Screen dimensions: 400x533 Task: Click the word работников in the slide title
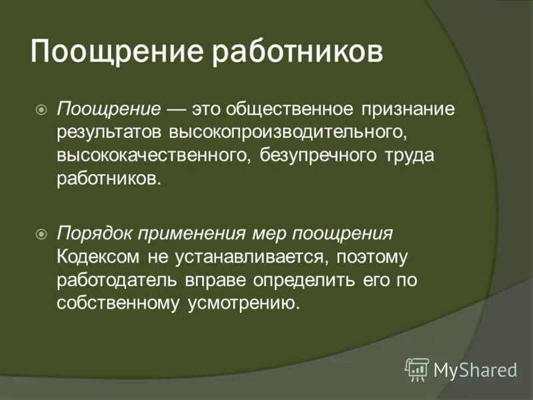pyautogui.click(x=297, y=53)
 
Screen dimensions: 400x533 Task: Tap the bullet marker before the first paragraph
pyautogui.click(x=42, y=107)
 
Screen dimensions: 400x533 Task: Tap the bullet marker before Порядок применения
pyautogui.click(x=42, y=234)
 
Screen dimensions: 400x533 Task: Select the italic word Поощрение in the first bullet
pyautogui.click(x=109, y=108)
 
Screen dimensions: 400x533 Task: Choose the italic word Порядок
pyautogui.click(x=95, y=235)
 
